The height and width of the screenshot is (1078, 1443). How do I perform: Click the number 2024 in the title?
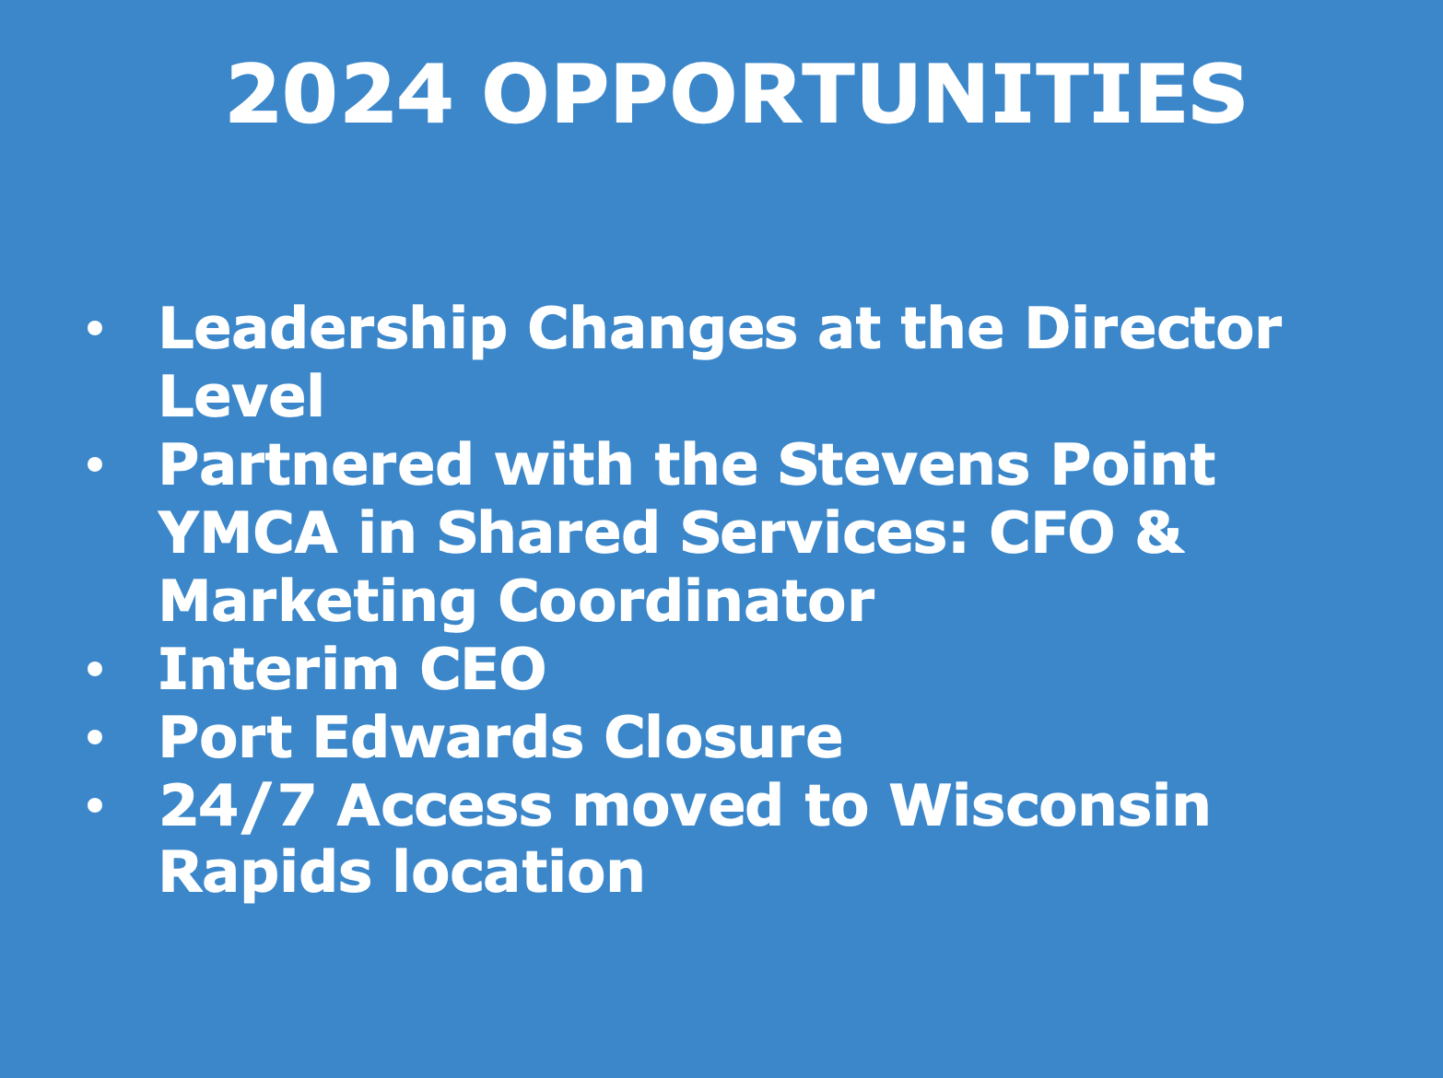click(339, 93)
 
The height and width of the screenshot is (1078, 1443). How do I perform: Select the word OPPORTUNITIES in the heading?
click(863, 93)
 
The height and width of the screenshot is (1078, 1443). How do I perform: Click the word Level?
click(241, 395)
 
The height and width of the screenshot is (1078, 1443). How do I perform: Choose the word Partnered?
click(316, 464)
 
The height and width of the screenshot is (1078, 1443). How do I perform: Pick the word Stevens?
click(903, 464)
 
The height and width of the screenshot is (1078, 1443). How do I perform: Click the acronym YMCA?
click(249, 533)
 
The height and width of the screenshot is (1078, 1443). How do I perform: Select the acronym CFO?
click(1052, 533)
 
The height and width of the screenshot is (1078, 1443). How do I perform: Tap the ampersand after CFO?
click(1160, 533)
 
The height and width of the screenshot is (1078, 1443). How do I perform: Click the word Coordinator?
click(686, 601)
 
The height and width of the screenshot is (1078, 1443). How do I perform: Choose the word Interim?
click(278, 669)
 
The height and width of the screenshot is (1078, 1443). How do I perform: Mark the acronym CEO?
click(483, 669)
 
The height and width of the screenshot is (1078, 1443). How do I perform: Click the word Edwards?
click(449, 737)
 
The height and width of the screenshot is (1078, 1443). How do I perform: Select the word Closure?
click(723, 737)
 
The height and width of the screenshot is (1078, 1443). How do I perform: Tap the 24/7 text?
click(236, 806)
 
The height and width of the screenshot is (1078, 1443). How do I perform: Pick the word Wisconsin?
click(1050, 805)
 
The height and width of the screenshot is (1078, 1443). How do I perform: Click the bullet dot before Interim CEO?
click(95, 669)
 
